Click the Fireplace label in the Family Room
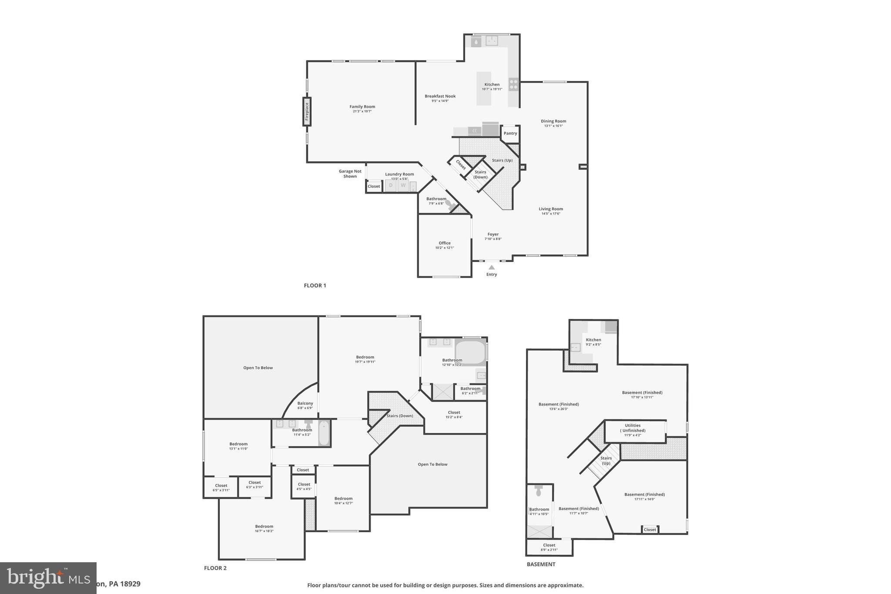coord(307,111)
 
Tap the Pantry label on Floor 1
coord(510,133)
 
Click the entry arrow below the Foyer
coord(492,267)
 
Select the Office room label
coord(445,243)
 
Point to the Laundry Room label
coord(399,174)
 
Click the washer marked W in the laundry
coord(403,185)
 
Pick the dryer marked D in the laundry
coord(391,185)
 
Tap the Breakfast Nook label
coord(440,96)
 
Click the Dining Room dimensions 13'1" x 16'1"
coord(553,126)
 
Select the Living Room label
coord(551,209)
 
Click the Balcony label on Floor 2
coord(305,403)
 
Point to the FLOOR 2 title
coord(215,568)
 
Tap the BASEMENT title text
coord(541,564)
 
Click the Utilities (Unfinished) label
coord(633,428)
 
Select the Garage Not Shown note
coord(350,174)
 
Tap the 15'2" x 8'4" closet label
coord(454,415)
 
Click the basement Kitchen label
coord(593,340)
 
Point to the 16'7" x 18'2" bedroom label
coord(264,529)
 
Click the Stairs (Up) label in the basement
coord(606,460)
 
